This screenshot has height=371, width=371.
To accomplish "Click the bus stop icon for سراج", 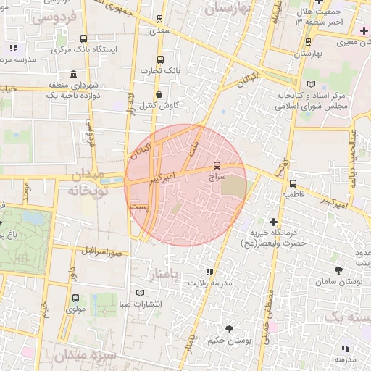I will (218, 164).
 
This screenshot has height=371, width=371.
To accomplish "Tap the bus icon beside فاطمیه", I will (293, 184).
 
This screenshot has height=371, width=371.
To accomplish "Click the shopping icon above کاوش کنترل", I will (159, 94).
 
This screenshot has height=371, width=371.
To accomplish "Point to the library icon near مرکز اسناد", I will (312, 84).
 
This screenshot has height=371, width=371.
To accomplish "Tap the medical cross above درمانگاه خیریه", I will (273, 221).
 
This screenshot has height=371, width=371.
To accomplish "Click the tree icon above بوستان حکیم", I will (229, 329).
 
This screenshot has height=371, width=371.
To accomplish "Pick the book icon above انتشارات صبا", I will (141, 293).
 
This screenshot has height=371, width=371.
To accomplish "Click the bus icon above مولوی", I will (75, 297).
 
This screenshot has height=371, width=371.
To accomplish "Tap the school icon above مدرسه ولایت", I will (209, 272).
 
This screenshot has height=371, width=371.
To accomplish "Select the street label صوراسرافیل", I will (105, 252).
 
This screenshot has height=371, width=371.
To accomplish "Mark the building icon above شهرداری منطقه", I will (74, 74).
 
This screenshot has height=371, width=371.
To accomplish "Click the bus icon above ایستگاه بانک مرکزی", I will (84, 39).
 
